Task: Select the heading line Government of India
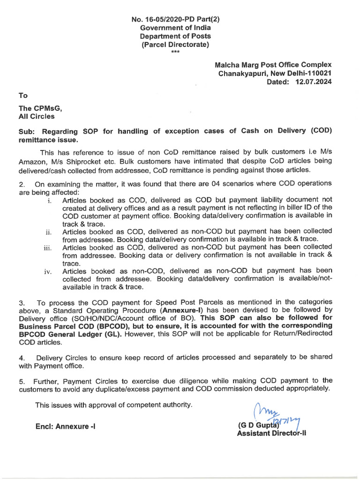pyautogui.click(x=175, y=28)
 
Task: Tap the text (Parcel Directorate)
pyautogui.click(x=175, y=45)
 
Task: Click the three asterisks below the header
pyautogui.click(x=175, y=52)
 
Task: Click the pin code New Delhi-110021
pyautogui.click(x=303, y=73)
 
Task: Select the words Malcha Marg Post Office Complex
pyautogui.click(x=273, y=65)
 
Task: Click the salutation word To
pyautogui.click(x=23, y=95)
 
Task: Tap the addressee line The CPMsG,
pyautogui.click(x=40, y=108)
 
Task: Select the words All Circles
pyautogui.click(x=37, y=116)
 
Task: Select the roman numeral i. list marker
pyautogui.click(x=49, y=200)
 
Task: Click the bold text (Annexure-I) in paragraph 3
pyautogui.click(x=183, y=310)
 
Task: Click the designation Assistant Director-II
pyautogui.click(x=271, y=434)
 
